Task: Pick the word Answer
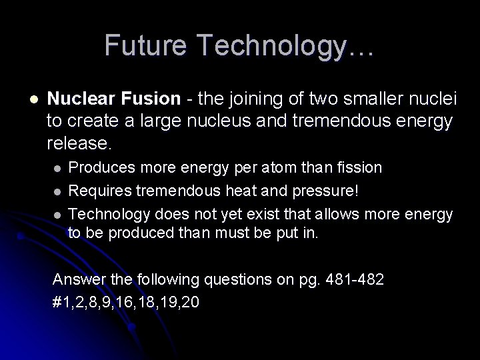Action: coord(75,279)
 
